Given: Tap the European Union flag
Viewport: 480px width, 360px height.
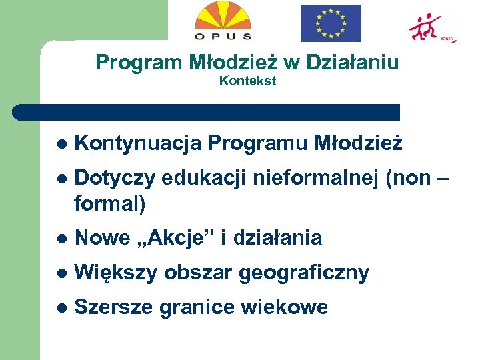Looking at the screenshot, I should (331, 23).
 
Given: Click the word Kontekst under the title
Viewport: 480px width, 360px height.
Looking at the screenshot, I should (247, 81).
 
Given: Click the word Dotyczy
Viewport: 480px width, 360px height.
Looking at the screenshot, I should (115, 179).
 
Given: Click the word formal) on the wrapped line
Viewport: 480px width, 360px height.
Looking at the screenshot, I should (110, 203).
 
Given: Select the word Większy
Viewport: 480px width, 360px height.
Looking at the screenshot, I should (116, 273).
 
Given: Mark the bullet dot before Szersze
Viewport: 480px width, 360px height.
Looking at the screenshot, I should (62, 308).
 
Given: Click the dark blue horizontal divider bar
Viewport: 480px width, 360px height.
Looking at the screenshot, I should (207, 112).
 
